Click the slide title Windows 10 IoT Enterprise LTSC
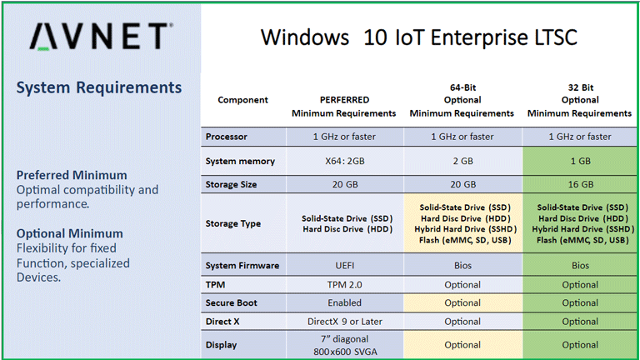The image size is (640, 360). [x=418, y=37]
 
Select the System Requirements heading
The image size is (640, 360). [x=99, y=87]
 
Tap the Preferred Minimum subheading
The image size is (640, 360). [x=72, y=175]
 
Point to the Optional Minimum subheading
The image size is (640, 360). [x=69, y=233]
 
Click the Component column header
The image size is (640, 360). [x=242, y=100]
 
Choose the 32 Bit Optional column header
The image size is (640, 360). [x=579, y=100]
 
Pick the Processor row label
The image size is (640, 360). [x=227, y=137]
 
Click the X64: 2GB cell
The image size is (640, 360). [x=344, y=161]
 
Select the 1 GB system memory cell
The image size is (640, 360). [x=579, y=161]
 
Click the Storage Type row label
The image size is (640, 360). [x=233, y=223]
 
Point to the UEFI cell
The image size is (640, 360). [x=344, y=266]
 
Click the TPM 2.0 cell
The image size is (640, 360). [x=344, y=284]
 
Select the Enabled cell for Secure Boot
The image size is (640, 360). [x=344, y=302]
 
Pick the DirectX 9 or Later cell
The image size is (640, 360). [x=344, y=321]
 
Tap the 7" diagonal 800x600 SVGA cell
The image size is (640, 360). [x=344, y=344]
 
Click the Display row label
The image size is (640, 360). [x=222, y=344]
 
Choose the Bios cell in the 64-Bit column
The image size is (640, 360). [x=462, y=266]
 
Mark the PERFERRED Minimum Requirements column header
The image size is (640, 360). [x=344, y=106]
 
